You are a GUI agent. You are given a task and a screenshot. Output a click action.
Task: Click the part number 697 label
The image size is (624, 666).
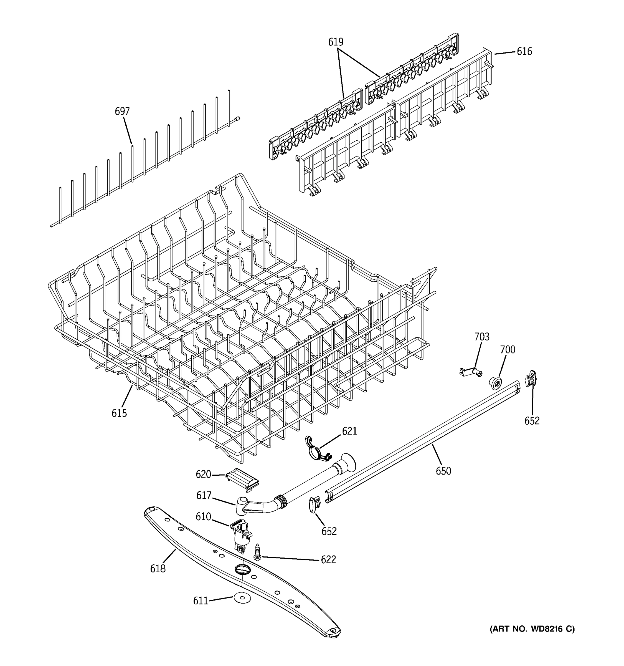tap(122, 112)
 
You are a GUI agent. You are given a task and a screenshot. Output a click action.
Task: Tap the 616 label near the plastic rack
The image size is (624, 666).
tap(524, 52)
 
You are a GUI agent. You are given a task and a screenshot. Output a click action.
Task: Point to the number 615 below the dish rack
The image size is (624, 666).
tap(119, 413)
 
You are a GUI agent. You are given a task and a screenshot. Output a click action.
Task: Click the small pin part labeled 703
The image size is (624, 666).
tap(470, 372)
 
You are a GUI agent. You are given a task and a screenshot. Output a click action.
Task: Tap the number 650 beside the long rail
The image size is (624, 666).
tap(443, 471)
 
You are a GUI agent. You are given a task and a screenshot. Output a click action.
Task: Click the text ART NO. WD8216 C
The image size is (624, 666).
tap(532, 629)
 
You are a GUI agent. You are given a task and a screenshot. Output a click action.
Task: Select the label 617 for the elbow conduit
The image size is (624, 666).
tap(204, 496)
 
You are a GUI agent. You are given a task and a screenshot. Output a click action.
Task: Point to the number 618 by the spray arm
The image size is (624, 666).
tap(158, 569)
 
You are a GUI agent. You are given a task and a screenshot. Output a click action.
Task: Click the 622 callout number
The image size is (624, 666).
tap(328, 559)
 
